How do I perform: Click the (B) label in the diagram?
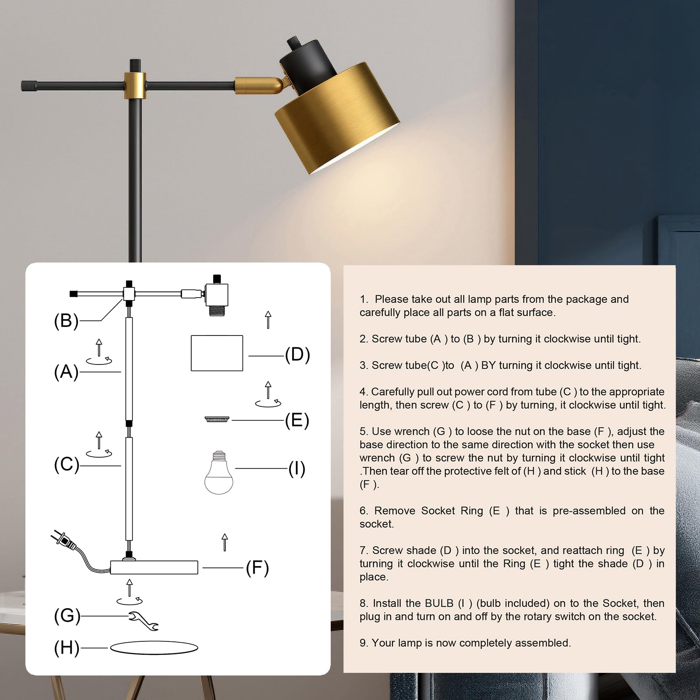66,321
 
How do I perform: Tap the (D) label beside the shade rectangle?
297,354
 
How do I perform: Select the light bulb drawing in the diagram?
219,472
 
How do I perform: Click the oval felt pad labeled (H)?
154,647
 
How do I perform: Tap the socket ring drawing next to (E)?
217,420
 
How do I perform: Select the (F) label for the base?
257,568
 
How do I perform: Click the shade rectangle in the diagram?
217,353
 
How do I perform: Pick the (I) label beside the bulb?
297,469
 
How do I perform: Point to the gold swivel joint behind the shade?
258,85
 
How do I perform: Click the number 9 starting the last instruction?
363,643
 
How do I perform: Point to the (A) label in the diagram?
66,372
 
